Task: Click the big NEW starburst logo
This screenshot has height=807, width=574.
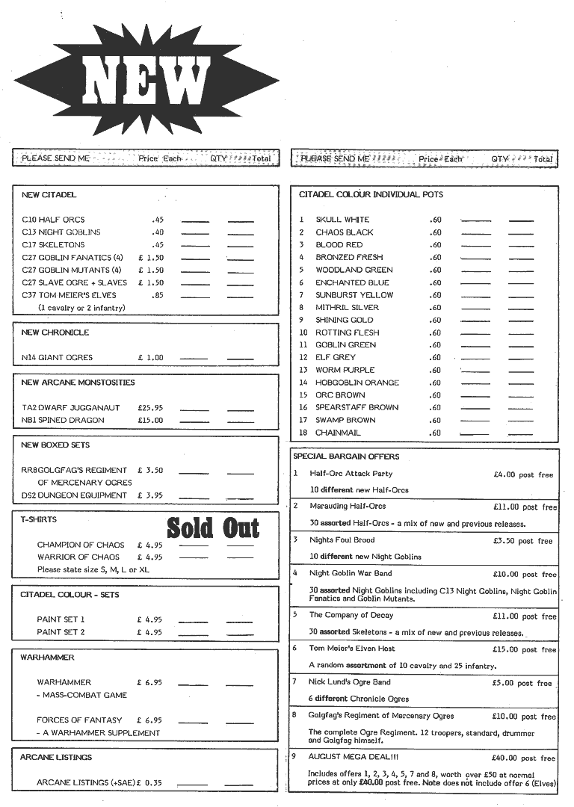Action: click(x=146, y=81)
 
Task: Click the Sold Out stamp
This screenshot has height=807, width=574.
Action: click(x=213, y=528)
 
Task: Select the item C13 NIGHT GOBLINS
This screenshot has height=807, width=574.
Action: click(x=61, y=232)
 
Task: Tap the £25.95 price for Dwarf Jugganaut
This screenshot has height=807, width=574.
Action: click(x=150, y=408)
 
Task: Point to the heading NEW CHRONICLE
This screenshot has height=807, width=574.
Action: click(x=55, y=333)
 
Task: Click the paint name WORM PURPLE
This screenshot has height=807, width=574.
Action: click(x=345, y=370)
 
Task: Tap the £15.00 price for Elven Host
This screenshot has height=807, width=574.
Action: click(x=506, y=649)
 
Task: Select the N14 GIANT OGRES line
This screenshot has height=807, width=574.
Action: click(x=58, y=358)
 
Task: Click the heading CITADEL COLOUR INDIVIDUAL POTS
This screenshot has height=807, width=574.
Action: click(x=371, y=194)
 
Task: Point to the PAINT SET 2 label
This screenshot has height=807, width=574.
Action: click(x=61, y=632)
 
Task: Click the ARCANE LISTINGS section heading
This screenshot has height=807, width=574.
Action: click(x=56, y=757)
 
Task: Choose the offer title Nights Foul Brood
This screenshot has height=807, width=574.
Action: click(x=342, y=539)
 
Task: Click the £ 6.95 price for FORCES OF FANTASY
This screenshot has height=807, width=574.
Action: click(x=149, y=720)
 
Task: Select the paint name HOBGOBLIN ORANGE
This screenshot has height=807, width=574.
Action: click(x=357, y=383)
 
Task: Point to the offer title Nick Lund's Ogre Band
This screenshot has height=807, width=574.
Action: click(x=350, y=681)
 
